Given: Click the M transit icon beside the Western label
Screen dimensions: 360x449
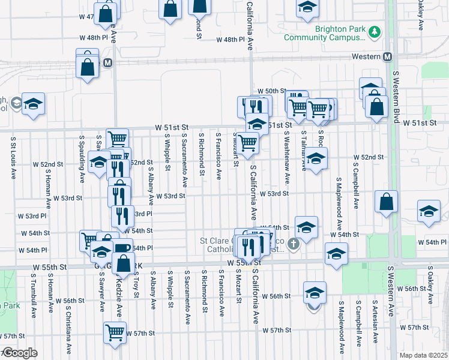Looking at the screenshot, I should click(387, 56).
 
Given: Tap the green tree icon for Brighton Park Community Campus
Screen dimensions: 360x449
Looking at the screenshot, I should click(375, 31).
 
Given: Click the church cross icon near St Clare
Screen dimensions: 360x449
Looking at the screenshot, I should click(293, 243).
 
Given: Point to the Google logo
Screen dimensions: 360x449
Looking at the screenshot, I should click(19, 353).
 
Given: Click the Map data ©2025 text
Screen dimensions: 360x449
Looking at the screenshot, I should click(423, 355).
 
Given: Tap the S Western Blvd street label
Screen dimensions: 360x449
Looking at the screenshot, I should click(396, 97).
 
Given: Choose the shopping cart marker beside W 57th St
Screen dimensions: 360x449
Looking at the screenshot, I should click(115, 332).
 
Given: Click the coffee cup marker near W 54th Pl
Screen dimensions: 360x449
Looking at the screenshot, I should click(122, 248).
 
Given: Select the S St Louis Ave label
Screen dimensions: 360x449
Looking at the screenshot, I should click(13, 157).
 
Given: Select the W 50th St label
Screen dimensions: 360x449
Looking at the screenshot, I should click(271, 91).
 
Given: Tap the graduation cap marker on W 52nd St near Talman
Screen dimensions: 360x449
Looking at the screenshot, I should click(317, 159).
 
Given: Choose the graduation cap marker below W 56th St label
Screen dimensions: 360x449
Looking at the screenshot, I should click(315, 293).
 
